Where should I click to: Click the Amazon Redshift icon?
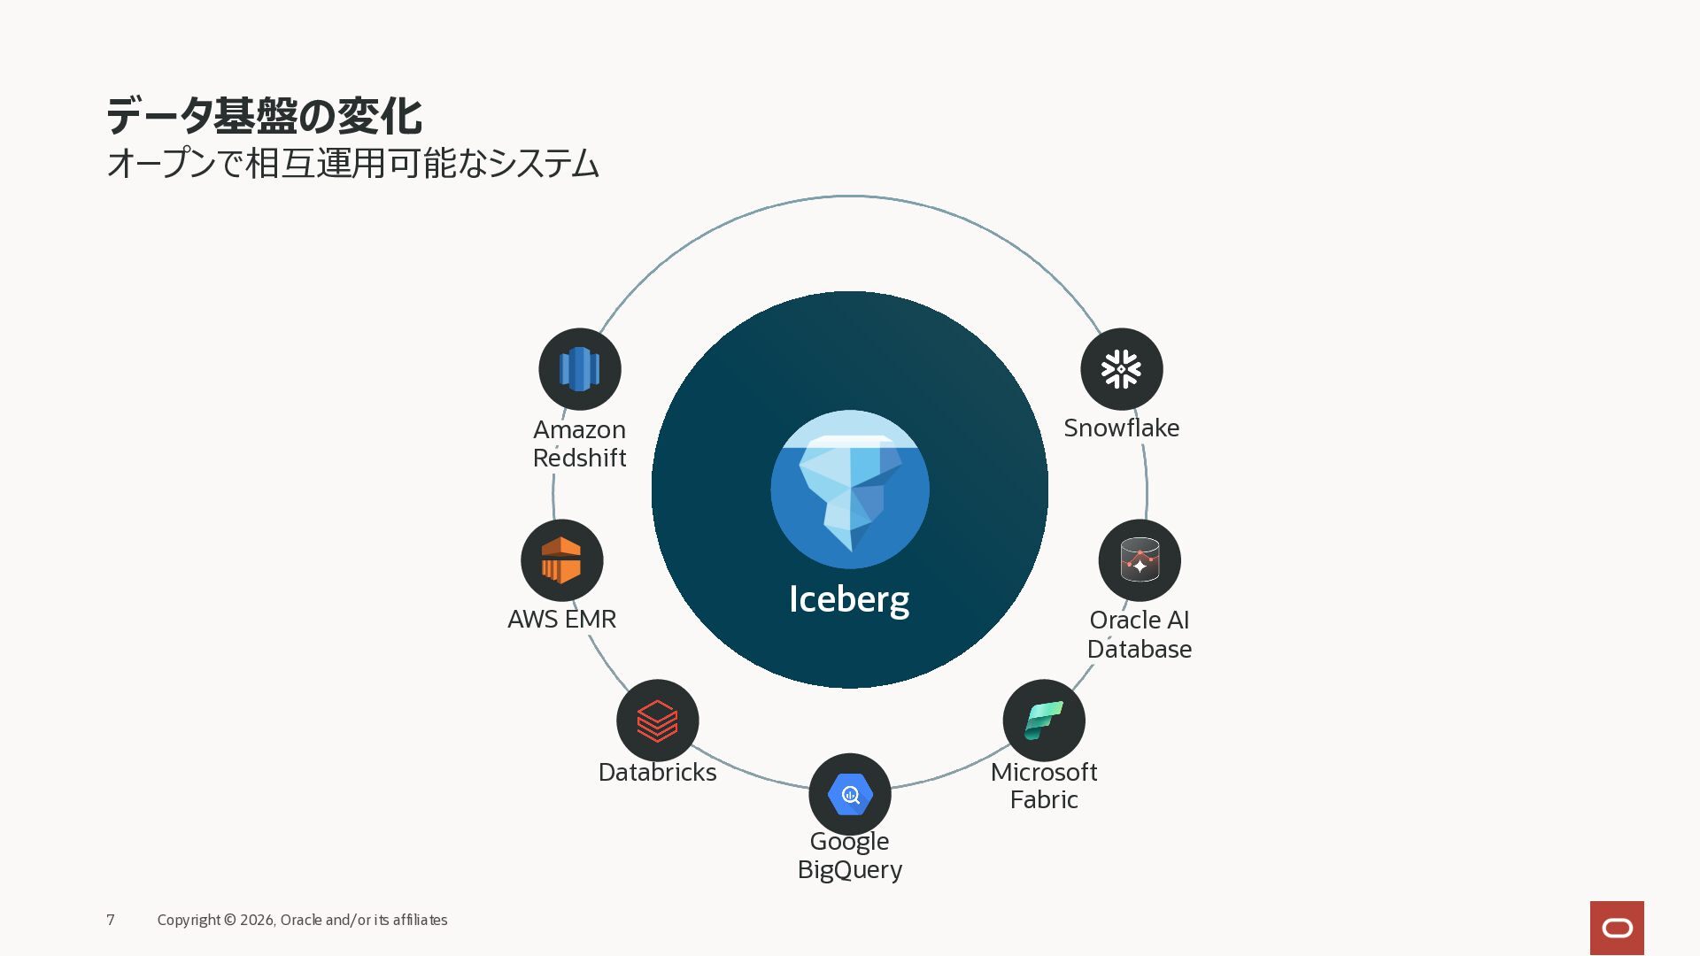coord(580,369)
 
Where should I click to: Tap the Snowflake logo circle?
coord(1122,369)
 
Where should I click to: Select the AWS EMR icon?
coord(562,560)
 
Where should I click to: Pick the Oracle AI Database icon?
coord(1140,560)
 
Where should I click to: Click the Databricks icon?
coord(658,721)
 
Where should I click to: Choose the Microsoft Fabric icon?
coord(1044,721)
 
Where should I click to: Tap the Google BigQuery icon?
coord(850,795)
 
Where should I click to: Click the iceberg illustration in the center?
coord(850,490)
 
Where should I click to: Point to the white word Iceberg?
coord(849,599)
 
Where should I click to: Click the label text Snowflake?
coord(1122,428)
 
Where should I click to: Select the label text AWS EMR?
coord(562,619)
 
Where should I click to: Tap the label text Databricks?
coord(658,772)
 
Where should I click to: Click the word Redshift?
coord(580,458)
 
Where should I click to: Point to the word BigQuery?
coord(850,870)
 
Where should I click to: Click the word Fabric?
coord(1044,800)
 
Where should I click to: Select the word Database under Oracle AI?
coord(1140,649)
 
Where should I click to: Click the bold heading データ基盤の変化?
coord(264,116)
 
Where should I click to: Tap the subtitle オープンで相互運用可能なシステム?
coord(353,164)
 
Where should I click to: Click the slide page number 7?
coord(111,920)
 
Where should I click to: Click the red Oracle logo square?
coord(1617,928)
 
